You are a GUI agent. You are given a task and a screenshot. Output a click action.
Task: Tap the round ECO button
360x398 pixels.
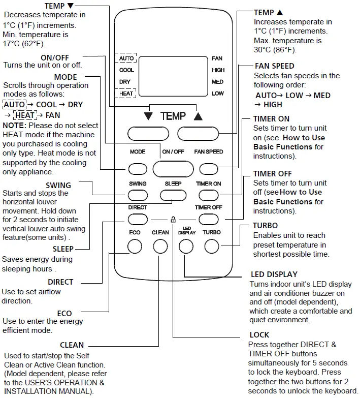[x=134, y=247]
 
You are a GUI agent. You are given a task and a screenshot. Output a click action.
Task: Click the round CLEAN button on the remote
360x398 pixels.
[x=160, y=247]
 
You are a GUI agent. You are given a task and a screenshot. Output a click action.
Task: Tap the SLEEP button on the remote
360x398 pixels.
[x=173, y=194]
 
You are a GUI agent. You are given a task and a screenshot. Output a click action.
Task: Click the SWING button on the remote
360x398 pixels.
[x=137, y=194]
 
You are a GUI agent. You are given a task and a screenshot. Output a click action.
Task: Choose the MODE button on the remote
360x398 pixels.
[x=137, y=169]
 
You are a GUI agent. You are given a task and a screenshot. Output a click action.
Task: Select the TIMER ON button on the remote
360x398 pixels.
[x=208, y=194]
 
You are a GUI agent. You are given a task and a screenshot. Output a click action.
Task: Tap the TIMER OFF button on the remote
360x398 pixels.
[x=208, y=219]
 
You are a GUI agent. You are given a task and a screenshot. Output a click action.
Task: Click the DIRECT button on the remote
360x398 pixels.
[x=137, y=219]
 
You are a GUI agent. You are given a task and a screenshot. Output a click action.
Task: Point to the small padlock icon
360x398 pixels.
[x=173, y=220]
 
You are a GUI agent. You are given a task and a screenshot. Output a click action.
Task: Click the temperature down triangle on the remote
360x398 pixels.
[x=148, y=116]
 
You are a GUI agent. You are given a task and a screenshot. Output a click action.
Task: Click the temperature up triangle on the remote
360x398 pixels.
[x=198, y=116]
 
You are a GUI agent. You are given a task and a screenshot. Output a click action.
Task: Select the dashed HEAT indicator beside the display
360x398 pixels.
[x=126, y=94]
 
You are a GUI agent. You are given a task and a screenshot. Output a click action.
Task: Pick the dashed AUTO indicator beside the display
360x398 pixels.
[x=126, y=58]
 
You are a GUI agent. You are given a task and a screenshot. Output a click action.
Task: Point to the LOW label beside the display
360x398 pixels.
[x=218, y=94]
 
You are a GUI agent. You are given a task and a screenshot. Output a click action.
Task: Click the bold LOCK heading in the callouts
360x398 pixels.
[x=259, y=335]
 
